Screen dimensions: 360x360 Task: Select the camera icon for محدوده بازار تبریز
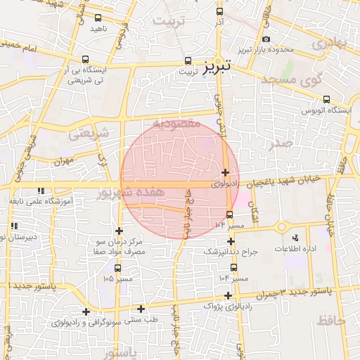[266, 39]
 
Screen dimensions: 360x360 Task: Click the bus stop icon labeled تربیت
[188, 60]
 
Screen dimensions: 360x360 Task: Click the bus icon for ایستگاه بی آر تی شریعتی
[86, 60]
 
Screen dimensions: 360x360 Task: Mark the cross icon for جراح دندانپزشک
[230, 241]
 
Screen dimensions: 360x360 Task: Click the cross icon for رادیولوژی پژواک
[228, 295]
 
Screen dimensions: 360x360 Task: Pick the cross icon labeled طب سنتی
[141, 309]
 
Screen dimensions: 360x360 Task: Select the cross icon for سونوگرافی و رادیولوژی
[86, 311]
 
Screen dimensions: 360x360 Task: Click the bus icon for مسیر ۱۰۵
[117, 269]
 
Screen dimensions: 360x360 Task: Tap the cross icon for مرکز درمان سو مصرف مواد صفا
[119, 231]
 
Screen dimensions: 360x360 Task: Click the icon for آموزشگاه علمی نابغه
[41, 191]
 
